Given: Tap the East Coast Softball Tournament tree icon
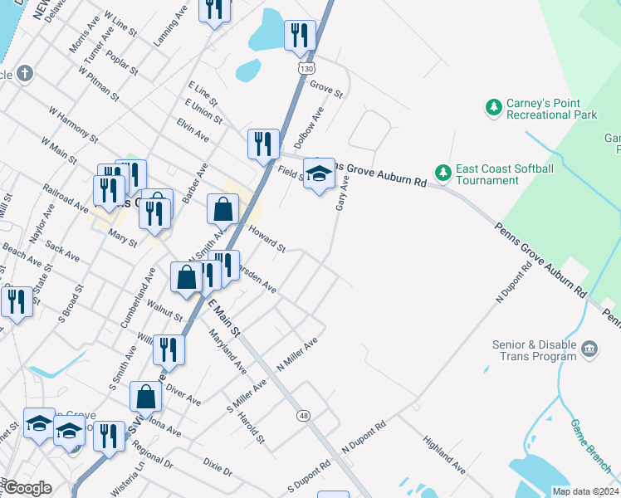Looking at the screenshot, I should (444, 172).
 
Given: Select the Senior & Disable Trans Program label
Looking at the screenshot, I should (523, 350).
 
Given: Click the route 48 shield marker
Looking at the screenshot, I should (304, 416).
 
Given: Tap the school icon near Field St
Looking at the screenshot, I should (319, 174).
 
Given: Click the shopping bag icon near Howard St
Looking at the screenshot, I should (223, 211).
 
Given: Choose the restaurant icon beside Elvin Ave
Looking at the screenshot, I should (263, 144).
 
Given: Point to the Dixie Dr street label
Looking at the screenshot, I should (218, 465).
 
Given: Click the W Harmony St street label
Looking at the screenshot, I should (73, 124).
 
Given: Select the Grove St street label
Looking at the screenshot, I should (326, 89).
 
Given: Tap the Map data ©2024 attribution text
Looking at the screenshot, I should (585, 491).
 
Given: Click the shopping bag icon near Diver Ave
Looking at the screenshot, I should (146, 398).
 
